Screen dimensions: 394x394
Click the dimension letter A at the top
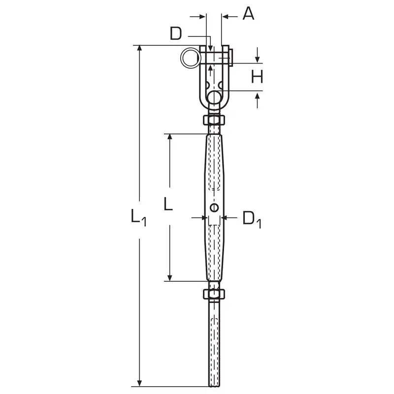click(x=248, y=14)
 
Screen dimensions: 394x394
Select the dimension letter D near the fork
click(x=176, y=33)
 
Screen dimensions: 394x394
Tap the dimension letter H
click(x=257, y=77)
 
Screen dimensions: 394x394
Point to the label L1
click(x=138, y=217)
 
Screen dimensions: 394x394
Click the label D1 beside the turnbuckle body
click(x=252, y=219)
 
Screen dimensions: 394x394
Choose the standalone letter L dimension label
click(x=168, y=204)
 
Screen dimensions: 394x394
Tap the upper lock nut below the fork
click(x=214, y=120)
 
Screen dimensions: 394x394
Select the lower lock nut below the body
click(x=214, y=294)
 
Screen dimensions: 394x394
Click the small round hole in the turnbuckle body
click(x=214, y=207)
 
